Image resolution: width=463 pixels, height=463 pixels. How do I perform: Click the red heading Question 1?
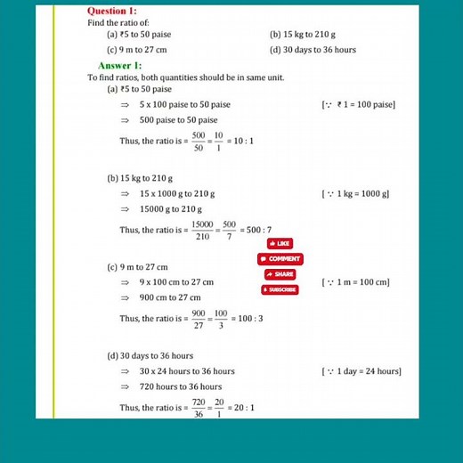point(112,11)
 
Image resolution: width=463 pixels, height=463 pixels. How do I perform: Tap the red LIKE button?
point(280,243)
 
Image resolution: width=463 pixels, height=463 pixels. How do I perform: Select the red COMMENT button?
point(280,259)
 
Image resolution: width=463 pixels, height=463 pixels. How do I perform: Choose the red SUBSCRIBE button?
point(280,290)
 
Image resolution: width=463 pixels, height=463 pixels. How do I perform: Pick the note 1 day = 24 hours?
point(361,371)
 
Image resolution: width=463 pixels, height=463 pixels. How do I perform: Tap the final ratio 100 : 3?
point(247,318)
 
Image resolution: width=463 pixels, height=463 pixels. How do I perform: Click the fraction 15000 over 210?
point(202,230)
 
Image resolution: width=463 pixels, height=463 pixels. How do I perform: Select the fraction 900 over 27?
point(199,318)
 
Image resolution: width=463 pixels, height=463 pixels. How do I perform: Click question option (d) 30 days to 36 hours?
point(313,50)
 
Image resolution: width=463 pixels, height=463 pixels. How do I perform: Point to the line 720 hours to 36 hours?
point(181,386)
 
